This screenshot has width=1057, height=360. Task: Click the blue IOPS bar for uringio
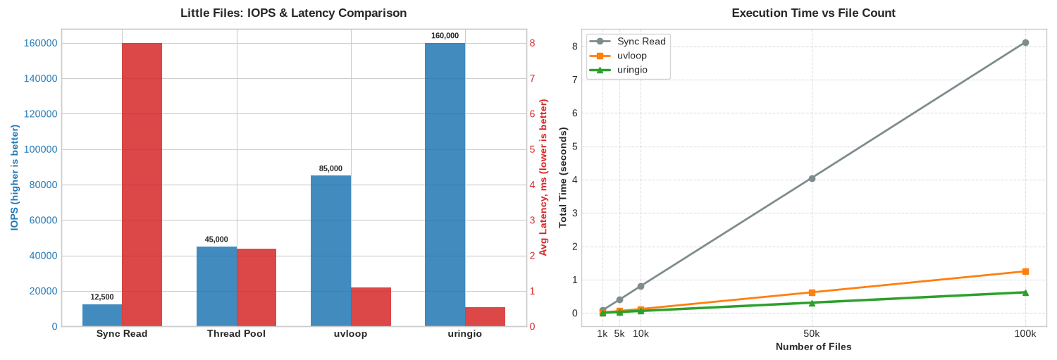445,185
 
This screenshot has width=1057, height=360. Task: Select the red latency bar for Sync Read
142,185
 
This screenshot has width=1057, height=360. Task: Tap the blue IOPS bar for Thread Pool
216,287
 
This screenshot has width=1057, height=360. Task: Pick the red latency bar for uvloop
371,306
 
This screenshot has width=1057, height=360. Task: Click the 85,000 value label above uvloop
330,168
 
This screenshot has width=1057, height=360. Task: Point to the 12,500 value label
102,297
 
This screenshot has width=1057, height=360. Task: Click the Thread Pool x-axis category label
236,333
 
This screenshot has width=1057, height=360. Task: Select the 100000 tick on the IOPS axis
41,149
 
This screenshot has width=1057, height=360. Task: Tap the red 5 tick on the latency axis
532,149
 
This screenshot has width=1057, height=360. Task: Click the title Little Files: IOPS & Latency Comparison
294,13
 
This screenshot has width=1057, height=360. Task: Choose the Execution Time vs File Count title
813,13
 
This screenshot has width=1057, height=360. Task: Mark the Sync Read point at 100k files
1025,42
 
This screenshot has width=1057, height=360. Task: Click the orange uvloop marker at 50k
812,292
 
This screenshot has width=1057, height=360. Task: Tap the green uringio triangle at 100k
1025,292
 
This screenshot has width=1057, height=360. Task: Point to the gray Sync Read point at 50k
812,178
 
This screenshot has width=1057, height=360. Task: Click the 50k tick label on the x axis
812,333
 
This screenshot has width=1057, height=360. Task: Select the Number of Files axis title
813,347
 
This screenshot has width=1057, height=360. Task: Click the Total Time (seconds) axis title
562,178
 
